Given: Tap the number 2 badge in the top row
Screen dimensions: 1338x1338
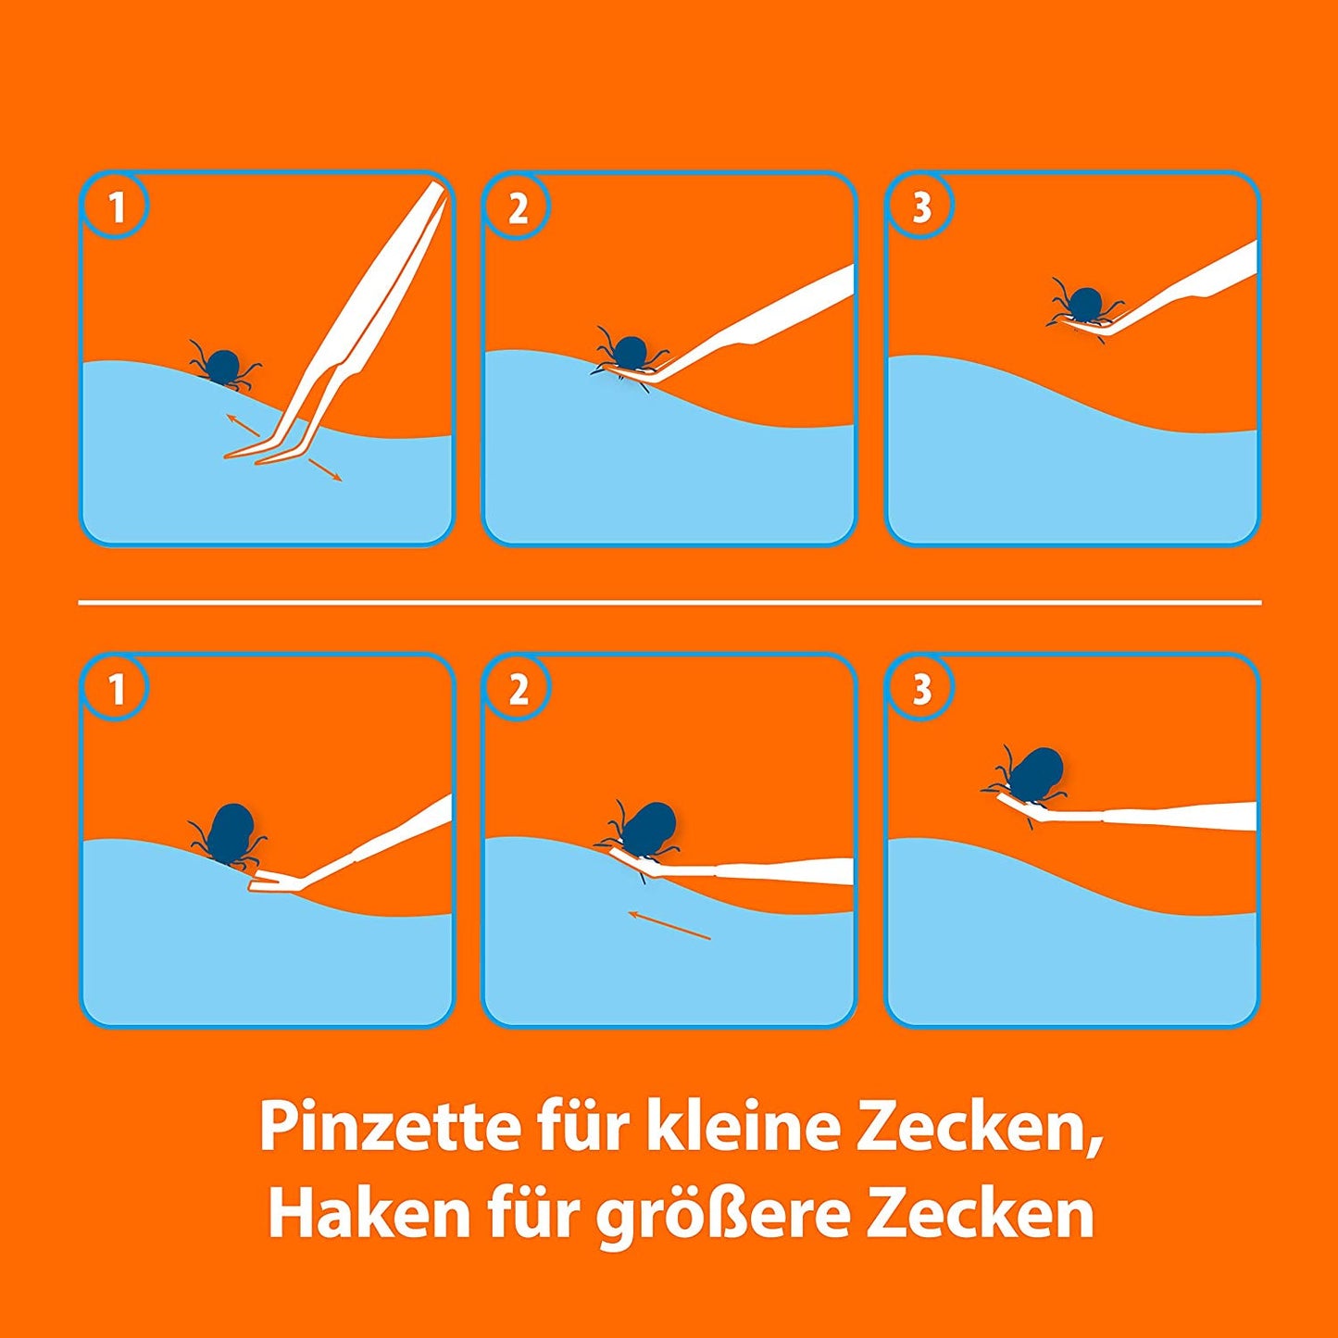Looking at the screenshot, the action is coord(518,206).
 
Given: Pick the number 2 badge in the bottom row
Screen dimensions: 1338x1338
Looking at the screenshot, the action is coord(518,690).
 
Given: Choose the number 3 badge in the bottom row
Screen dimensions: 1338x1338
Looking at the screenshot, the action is coord(920,690).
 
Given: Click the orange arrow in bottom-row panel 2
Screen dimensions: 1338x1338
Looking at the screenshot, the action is coord(669,925).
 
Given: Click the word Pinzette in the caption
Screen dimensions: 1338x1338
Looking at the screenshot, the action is coord(390,1130).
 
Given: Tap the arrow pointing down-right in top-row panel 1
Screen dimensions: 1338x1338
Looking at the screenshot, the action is coord(325,469).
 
